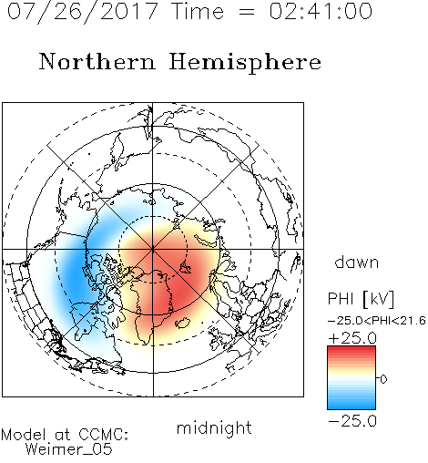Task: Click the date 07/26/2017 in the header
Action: point(82,12)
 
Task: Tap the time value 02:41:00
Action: point(321,11)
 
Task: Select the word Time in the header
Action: point(198,11)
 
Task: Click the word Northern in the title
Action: point(97,61)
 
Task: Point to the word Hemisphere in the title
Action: point(245,63)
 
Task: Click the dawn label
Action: point(357,262)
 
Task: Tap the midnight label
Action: point(214,427)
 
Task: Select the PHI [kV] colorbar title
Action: point(361,299)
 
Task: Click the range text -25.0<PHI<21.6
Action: point(377,321)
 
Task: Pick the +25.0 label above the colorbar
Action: point(352,338)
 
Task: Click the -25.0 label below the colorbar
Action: point(352,421)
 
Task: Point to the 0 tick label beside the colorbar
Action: point(383,379)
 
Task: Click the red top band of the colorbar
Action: point(352,350)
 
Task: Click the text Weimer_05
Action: point(69,448)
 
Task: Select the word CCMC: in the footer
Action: point(103,435)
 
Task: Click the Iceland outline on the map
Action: point(183,323)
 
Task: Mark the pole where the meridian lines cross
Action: point(153,249)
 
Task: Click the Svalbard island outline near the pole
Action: point(185,268)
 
